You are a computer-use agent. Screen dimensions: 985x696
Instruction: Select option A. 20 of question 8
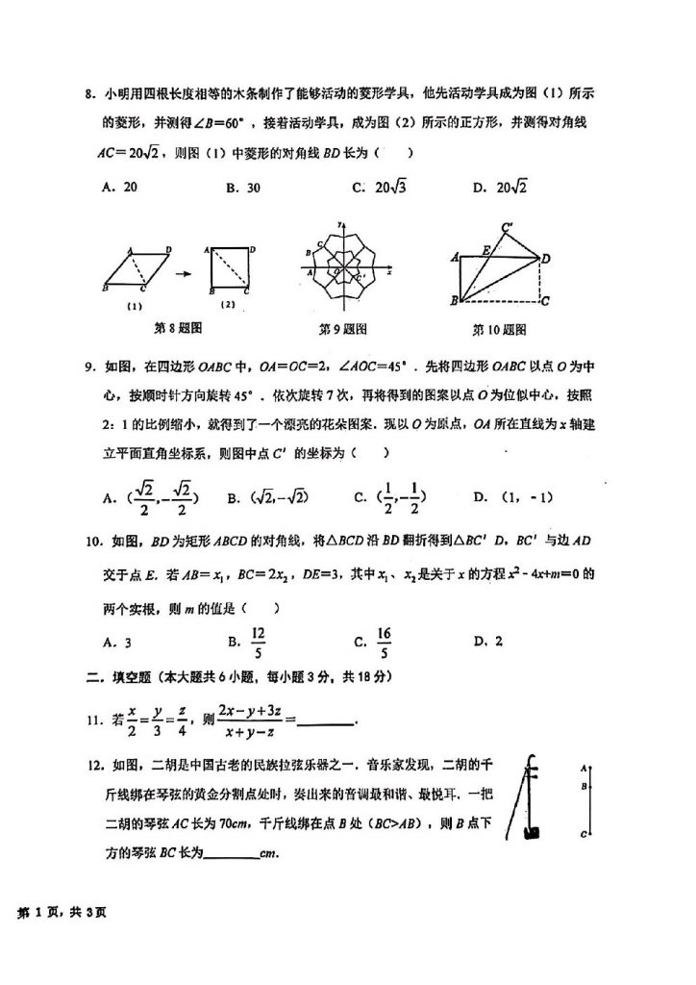tap(120, 188)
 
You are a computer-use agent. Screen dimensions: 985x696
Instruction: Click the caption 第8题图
tap(178, 328)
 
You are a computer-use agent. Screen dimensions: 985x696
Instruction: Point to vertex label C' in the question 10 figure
tap(507, 228)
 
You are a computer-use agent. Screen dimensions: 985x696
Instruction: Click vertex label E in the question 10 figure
tap(487, 250)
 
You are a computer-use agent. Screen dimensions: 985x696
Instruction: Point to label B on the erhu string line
tap(584, 785)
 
